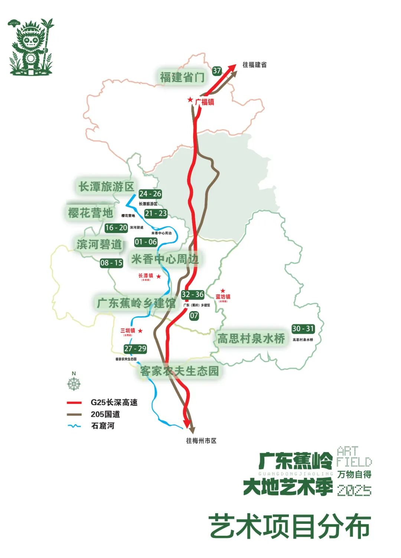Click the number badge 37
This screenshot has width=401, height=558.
[217, 71]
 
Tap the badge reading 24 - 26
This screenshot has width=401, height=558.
[150, 194]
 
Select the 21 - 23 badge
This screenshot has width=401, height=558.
[156, 213]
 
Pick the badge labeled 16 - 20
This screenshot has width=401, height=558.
[116, 228]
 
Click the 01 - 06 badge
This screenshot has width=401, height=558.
[146, 242]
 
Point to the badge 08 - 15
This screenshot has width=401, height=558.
[111, 263]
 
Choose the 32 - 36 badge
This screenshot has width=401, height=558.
[192, 294]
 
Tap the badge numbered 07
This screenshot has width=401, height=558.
[194, 316]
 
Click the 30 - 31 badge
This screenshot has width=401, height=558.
[303, 329]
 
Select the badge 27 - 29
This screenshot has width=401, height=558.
[135, 349]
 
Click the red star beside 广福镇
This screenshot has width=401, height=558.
[190, 99]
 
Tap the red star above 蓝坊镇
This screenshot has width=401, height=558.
[223, 291]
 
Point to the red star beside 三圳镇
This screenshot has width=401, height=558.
[140, 330]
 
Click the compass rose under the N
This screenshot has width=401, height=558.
[74, 384]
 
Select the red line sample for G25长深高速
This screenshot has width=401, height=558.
[74, 402]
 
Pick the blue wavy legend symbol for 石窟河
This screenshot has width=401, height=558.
[74, 426]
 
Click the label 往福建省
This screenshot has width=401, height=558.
[254, 65]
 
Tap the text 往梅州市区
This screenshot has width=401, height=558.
[201, 441]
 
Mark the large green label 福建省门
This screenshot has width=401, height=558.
[182, 77]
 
